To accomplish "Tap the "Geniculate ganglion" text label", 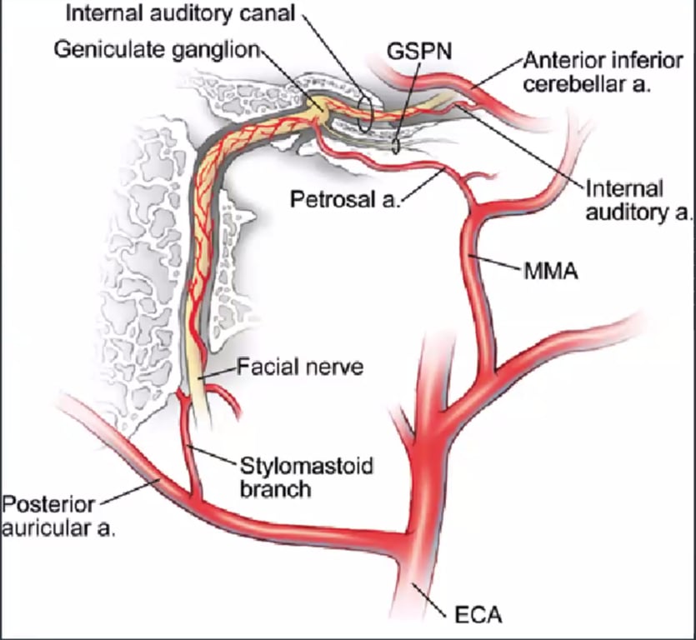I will (158, 48).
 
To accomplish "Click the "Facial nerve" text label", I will (301, 366).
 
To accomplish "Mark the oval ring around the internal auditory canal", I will (363, 116).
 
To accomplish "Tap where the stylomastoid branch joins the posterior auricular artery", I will (197, 500).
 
